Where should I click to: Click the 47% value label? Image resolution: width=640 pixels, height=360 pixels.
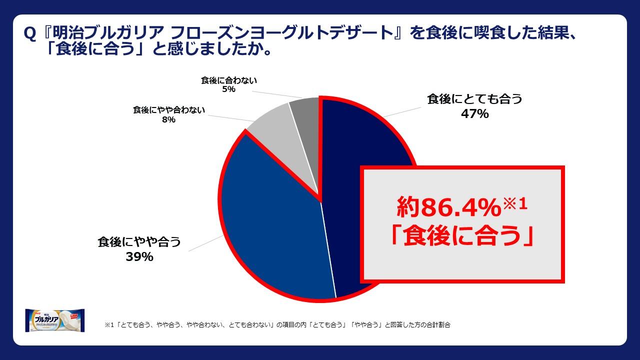[x=474, y=113]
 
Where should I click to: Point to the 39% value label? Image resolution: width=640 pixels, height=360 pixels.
[x=139, y=257]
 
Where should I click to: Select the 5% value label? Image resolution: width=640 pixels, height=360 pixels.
[x=229, y=89]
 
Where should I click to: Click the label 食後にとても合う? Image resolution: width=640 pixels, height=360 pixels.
[x=474, y=98]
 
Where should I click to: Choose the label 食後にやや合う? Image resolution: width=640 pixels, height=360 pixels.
[x=139, y=242]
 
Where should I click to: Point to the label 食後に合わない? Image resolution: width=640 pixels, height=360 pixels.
[x=229, y=80]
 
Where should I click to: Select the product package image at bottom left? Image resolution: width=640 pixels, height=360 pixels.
[x=54, y=320]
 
